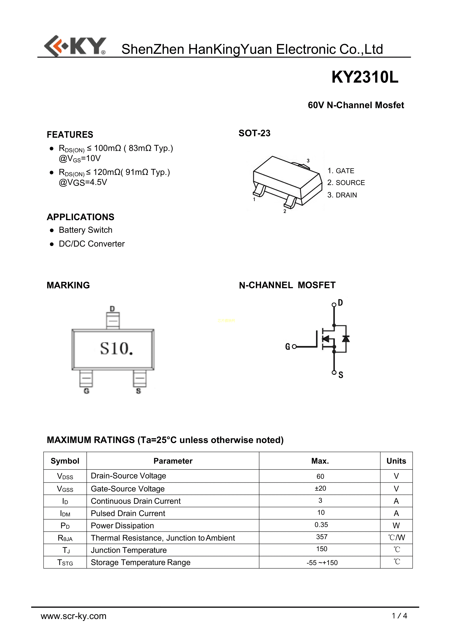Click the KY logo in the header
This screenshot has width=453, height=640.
point(75,46)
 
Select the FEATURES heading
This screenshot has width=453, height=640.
point(70,135)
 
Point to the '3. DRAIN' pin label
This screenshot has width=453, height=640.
point(342,195)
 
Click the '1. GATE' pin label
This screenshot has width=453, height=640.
point(341,171)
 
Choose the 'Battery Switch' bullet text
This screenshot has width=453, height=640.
point(85,230)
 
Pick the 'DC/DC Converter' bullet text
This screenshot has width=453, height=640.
point(91,244)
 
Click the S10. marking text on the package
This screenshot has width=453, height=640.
point(116,349)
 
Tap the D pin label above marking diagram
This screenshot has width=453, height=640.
point(112,309)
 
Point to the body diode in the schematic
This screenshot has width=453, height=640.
point(346,339)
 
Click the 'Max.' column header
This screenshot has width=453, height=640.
point(320,461)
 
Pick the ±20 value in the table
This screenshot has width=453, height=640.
point(320,488)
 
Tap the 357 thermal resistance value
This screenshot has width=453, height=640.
point(322,537)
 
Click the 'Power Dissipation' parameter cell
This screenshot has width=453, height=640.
point(122,526)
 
